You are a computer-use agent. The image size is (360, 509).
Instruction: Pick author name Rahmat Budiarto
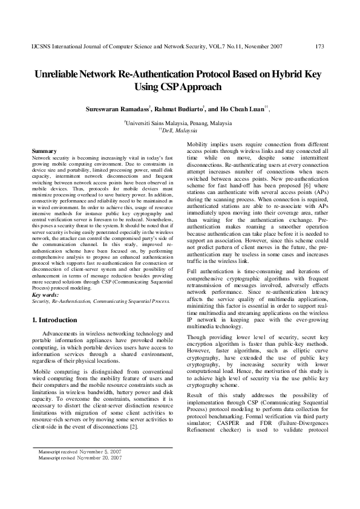coord(180,110)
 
